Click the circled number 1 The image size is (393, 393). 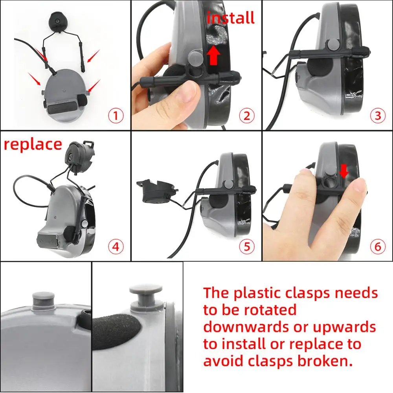116,116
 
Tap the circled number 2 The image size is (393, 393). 247,116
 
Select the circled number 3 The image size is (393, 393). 378,116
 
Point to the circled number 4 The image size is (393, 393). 116,247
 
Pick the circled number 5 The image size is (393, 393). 247,247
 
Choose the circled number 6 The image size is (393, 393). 378,247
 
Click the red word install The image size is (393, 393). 231,18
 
